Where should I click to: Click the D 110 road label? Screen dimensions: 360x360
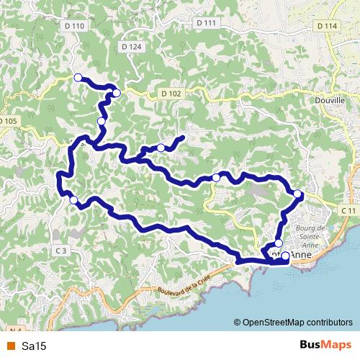tap(74, 26)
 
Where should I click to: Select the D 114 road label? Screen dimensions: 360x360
tap(326, 26)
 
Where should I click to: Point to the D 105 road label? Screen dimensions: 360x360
tap(7, 121)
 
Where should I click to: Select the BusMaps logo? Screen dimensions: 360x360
tap(326, 346)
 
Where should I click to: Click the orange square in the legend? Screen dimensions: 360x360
tap(10, 346)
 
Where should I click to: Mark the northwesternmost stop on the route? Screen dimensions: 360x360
tap(78, 77)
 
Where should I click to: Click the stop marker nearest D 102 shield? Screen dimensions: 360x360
tap(117, 93)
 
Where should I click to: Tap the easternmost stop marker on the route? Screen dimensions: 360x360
tap(298, 193)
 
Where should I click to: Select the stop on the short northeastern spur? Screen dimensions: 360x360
tap(161, 148)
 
